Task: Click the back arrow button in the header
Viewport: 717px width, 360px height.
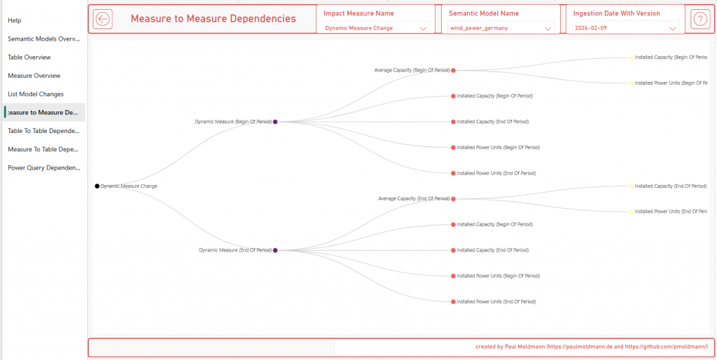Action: (x=103, y=19)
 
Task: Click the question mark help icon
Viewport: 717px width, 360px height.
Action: (x=699, y=19)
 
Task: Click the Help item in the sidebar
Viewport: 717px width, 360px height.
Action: (x=15, y=20)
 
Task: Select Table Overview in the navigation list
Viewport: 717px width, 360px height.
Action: (x=29, y=57)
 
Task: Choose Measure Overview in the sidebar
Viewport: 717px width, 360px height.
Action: (x=34, y=76)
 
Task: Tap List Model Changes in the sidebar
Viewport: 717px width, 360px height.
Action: (x=36, y=94)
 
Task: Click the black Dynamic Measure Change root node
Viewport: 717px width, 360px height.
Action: (x=97, y=186)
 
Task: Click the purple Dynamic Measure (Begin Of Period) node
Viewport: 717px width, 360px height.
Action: (x=275, y=122)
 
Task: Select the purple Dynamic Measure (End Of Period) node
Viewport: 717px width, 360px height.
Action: (x=275, y=250)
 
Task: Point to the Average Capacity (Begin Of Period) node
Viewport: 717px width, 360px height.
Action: (x=454, y=70)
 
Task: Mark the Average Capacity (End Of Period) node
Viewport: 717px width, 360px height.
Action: (x=454, y=199)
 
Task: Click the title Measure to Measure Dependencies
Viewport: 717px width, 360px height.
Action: (x=213, y=19)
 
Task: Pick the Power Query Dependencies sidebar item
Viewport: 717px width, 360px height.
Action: (x=44, y=168)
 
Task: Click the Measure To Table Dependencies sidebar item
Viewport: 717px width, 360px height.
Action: (x=44, y=149)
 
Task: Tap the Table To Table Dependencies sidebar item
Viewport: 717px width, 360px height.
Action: (x=44, y=131)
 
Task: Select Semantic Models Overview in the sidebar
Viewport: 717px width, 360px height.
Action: (x=44, y=39)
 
